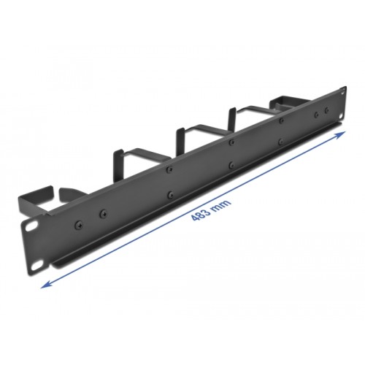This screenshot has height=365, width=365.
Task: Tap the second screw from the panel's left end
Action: point(102,211)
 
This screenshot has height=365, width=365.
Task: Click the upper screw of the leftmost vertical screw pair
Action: point(169,168)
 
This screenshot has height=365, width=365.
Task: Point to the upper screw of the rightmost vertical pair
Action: point(280,120)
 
